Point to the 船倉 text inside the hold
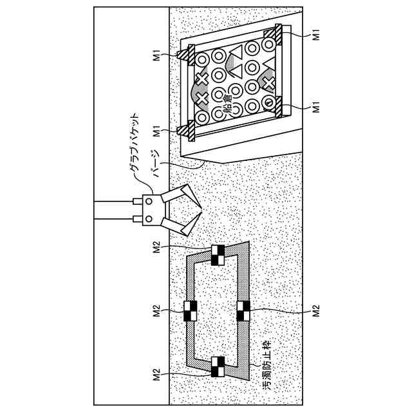coord(228,103)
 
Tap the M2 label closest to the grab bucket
coord(156,248)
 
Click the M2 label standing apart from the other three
coord(316,311)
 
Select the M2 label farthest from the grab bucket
coord(156,374)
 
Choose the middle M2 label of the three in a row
coord(156,311)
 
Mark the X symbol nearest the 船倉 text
coord(201,98)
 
